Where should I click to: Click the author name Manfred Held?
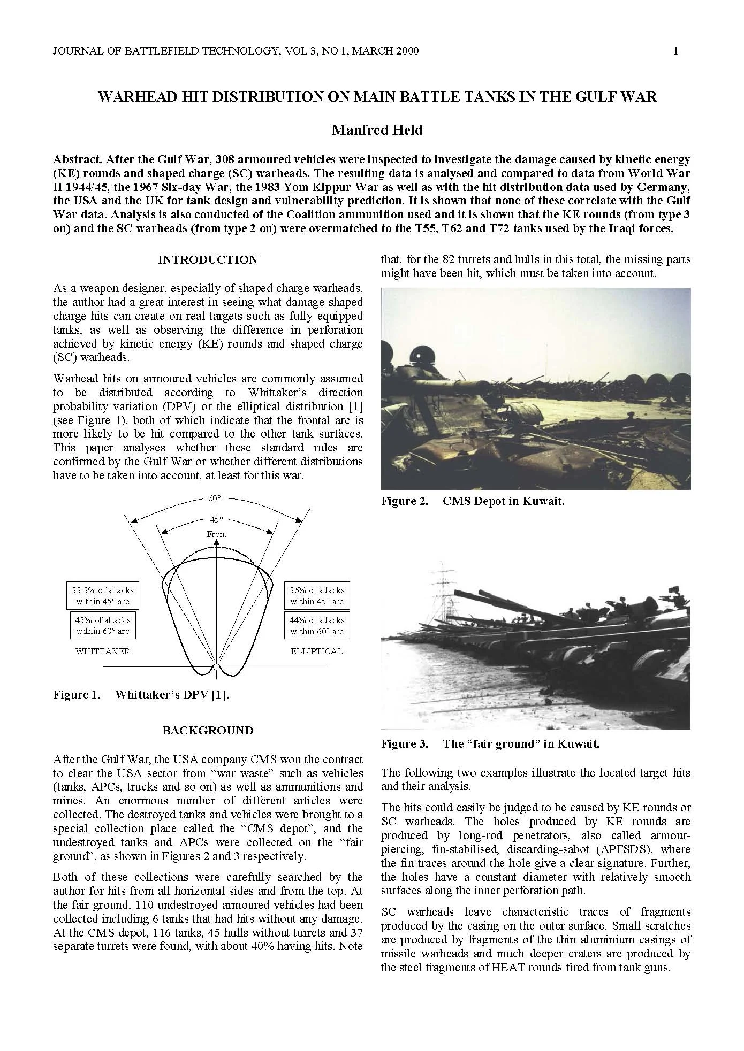point(377,130)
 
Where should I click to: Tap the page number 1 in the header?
point(675,51)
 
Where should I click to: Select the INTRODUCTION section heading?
point(208,260)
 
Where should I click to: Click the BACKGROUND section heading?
point(208,731)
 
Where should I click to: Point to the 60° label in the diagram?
point(214,498)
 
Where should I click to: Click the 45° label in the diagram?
point(216,519)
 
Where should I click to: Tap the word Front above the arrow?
point(217,534)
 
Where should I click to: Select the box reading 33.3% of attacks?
point(103,596)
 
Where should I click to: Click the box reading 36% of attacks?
point(317,596)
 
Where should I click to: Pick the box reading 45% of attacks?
point(103,625)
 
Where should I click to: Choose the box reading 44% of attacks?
point(317,625)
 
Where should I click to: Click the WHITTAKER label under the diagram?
point(103,651)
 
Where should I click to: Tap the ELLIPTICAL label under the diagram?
point(317,651)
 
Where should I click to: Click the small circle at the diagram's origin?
point(216,667)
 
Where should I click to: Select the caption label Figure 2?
point(404,501)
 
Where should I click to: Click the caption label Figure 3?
point(404,744)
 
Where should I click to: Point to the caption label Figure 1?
point(77,695)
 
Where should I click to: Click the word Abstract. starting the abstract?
point(77,159)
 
